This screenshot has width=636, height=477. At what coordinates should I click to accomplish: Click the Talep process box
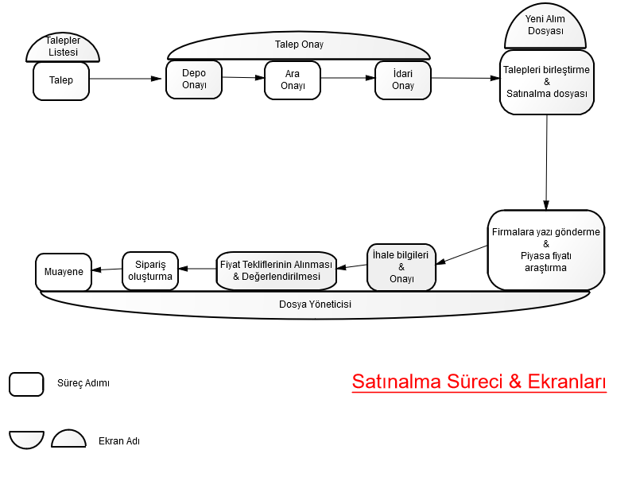(61, 81)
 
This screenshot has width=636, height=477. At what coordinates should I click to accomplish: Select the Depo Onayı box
(194, 79)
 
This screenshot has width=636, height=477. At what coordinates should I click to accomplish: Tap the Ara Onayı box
(293, 80)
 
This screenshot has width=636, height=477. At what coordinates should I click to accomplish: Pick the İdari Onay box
(403, 80)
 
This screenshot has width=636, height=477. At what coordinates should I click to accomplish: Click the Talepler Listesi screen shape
(63, 47)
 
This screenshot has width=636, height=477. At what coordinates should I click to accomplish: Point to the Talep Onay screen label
(299, 45)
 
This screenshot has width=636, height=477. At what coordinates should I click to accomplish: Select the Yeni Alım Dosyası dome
(545, 26)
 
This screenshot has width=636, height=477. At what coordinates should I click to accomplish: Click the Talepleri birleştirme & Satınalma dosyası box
(547, 83)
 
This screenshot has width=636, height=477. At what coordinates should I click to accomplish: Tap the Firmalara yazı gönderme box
(546, 250)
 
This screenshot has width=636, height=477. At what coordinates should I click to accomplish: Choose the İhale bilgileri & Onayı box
(401, 267)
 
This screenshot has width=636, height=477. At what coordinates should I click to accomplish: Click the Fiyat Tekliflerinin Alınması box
(276, 270)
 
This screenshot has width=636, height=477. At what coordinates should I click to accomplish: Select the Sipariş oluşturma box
(150, 271)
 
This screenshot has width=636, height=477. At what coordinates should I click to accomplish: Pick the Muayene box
(64, 272)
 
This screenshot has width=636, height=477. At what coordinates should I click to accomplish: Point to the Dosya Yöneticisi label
(315, 304)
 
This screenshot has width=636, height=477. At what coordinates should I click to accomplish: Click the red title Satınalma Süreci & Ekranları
(479, 382)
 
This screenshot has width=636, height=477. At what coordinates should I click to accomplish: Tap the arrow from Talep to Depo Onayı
(126, 79)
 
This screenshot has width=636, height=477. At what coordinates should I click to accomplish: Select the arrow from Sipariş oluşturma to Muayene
(107, 270)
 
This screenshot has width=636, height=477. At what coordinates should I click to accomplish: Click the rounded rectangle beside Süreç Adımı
(26, 384)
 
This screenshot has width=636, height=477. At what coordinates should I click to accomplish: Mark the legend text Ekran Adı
(119, 441)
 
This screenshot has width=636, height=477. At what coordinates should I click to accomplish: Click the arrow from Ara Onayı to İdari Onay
(348, 78)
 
